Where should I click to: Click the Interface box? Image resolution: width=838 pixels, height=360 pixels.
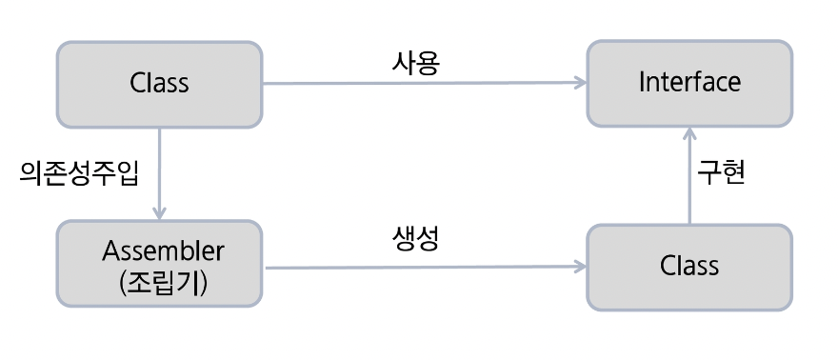[688, 83]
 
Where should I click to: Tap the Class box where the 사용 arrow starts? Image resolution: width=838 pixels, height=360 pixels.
[160, 83]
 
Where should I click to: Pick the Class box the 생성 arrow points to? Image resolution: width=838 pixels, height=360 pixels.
[688, 266]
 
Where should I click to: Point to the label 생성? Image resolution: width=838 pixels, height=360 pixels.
[415, 240]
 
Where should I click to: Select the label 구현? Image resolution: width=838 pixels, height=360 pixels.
[721, 172]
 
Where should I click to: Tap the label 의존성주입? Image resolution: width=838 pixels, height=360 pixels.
[79, 172]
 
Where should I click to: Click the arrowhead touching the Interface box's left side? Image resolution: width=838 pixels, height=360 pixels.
[580, 83]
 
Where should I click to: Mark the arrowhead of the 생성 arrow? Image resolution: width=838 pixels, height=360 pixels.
[580, 267]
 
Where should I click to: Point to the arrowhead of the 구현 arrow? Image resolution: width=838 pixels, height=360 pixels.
[689, 133]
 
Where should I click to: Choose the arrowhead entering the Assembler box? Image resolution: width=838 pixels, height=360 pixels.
[160, 213]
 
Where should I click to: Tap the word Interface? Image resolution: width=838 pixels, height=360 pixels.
[688, 82]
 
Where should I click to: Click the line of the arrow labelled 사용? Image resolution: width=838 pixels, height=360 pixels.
[419, 83]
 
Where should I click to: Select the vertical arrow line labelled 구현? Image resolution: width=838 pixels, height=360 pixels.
[689, 181]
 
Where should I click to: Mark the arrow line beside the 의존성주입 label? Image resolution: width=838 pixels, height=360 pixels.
[160, 171]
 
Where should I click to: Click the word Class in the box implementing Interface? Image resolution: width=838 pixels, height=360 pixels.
[688, 265]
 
